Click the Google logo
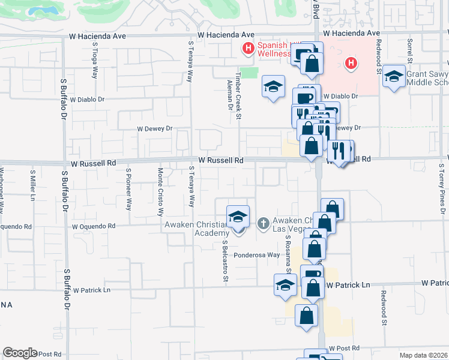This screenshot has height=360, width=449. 20,353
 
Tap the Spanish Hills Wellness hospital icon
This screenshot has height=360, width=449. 247,47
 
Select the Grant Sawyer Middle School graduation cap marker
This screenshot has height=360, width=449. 394,77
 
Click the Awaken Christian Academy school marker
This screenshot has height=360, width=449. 238,217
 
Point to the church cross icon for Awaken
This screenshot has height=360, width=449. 263,224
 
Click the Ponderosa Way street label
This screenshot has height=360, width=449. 257,255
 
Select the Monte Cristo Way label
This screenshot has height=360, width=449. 160,191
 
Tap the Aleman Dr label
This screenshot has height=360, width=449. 231,98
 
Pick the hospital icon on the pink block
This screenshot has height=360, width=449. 352,62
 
